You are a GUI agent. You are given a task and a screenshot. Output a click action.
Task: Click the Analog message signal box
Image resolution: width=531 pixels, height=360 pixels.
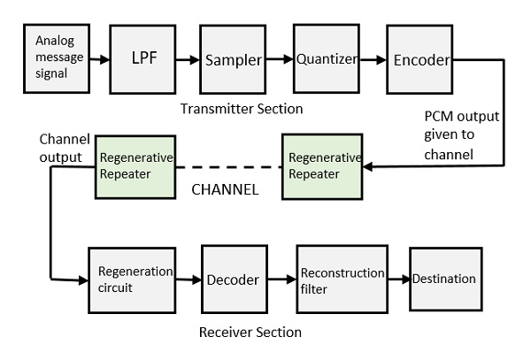coord(59,59)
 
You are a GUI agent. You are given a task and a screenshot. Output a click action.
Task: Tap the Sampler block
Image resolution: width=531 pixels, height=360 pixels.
coord(233,60)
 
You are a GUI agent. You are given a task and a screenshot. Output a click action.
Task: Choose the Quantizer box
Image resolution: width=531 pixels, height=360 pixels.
coord(326,60)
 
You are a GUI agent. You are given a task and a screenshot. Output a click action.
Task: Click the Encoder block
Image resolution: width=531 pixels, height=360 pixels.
coord(420,60)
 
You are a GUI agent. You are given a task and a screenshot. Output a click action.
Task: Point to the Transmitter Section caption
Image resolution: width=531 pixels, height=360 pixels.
coord(241,109)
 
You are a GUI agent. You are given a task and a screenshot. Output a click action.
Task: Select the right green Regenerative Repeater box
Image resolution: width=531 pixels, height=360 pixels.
coord(322,165)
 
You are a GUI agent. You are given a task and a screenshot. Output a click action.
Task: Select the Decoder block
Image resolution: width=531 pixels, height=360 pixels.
coord(234,280)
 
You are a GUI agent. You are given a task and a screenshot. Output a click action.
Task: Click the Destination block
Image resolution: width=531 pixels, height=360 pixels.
coord(444,280)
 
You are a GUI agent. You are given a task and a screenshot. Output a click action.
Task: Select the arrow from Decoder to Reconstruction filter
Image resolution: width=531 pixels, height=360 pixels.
coord(281,280)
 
